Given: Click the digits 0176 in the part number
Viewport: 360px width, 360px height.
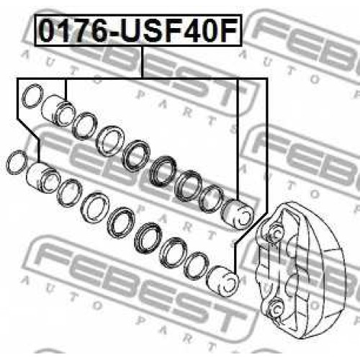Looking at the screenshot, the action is click(74, 31).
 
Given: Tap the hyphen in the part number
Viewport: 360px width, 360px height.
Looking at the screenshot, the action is click(115, 34).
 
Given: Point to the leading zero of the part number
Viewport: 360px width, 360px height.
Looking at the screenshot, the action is click(48, 31).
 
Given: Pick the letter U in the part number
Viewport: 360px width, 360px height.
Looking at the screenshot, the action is click(131, 31).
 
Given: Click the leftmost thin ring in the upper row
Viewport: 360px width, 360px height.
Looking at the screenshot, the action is click(32, 96).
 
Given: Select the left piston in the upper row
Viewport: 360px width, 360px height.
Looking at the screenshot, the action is click(58, 110).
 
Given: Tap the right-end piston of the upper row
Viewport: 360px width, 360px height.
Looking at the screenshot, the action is click(237, 213).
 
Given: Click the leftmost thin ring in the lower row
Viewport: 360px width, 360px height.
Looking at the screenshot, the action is click(17, 163).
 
